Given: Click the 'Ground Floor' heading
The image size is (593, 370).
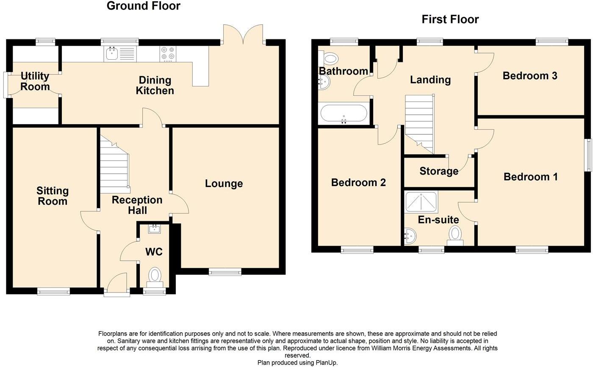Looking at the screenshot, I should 143,6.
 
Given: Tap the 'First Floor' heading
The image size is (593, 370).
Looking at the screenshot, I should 450,19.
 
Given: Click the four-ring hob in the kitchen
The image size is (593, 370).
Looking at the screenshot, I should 167,54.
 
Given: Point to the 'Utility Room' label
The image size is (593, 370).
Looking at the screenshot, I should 35,81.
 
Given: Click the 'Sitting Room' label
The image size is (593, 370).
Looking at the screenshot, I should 53,196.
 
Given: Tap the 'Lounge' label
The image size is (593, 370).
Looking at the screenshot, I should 224,184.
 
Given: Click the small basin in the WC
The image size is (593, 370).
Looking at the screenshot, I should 154,229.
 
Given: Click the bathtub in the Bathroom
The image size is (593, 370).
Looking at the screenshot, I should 344,114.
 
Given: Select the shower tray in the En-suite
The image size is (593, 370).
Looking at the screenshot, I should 421,202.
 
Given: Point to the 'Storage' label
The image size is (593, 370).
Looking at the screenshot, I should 439,171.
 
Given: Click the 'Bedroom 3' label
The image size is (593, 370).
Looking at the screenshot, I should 529,76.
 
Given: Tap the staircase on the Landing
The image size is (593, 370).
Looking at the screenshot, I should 420,123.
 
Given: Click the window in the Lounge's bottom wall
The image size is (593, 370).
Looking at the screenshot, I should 225,271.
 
